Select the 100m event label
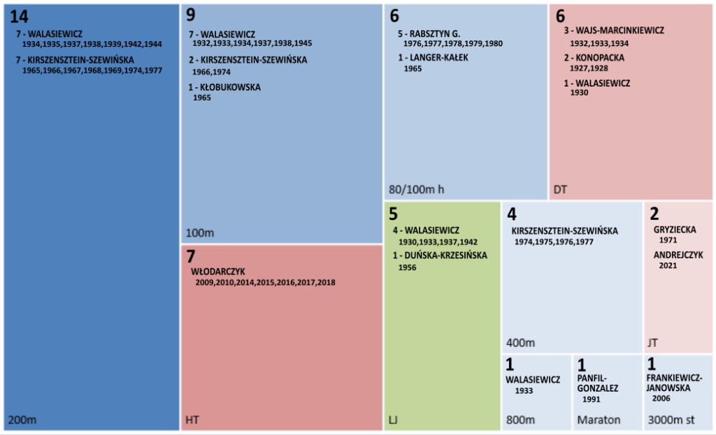pos(199,233)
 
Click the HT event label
pos(192,420)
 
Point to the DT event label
pos(560,189)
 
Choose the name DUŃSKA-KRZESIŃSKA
pos(444,256)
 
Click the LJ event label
pos(394,420)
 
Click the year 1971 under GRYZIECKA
pos(668,239)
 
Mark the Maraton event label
pos(599,420)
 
